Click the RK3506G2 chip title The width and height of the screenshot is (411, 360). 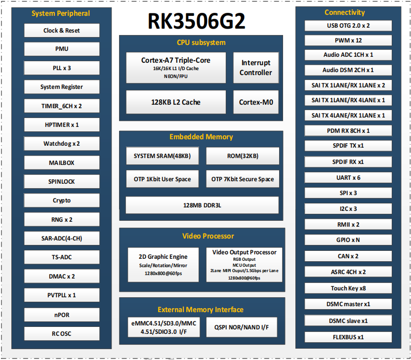coord(196,21)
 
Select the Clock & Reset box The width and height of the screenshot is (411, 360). coord(62,31)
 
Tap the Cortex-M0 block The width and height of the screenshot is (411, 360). coord(256,102)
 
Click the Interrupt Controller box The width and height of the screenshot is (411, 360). coord(256,68)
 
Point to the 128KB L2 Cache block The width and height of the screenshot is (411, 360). coord(176,102)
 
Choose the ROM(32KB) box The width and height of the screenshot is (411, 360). coord(243,156)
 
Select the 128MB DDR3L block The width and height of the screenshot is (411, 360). coord(202,205)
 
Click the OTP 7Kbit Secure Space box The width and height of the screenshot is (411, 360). coord(243,179)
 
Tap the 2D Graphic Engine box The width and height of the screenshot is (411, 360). coord(163,265)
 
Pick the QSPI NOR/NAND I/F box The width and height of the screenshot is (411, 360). coord(242,327)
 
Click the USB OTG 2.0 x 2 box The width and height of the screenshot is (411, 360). coord(348,26)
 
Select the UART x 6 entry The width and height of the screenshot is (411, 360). coord(348,178)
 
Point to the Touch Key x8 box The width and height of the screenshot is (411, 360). coord(348,288)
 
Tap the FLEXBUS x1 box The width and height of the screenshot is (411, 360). coord(348,337)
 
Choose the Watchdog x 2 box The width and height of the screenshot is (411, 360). coord(62,144)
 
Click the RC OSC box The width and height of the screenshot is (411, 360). coord(62,333)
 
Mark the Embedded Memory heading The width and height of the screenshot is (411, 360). coord(201,137)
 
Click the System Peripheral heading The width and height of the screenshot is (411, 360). coord(61,13)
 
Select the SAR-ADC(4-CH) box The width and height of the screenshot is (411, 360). coord(62,239)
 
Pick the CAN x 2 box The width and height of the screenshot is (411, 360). coord(348,256)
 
